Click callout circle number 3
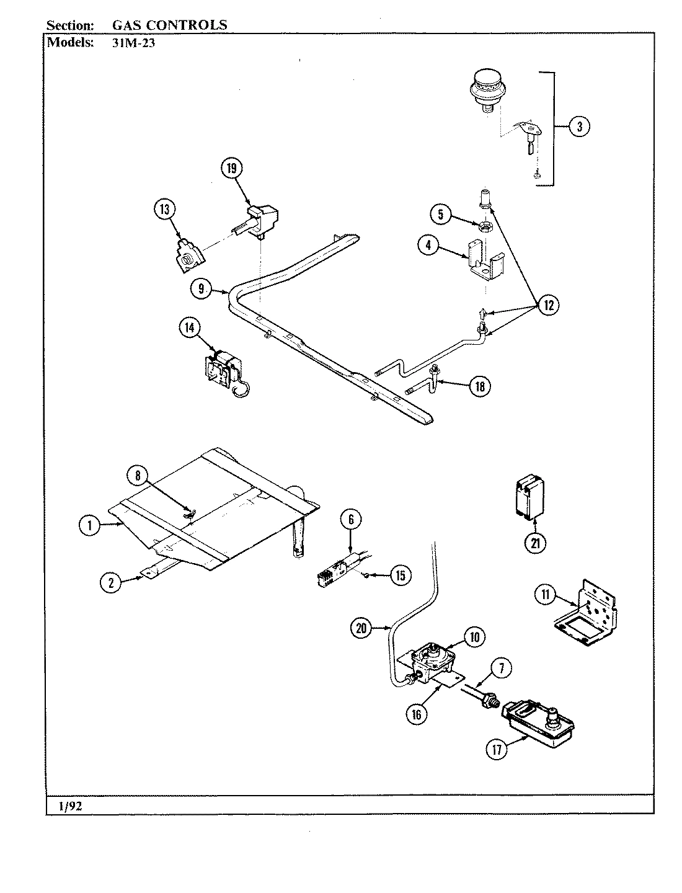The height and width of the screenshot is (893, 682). tap(578, 127)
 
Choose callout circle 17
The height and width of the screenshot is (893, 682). tap(496, 749)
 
